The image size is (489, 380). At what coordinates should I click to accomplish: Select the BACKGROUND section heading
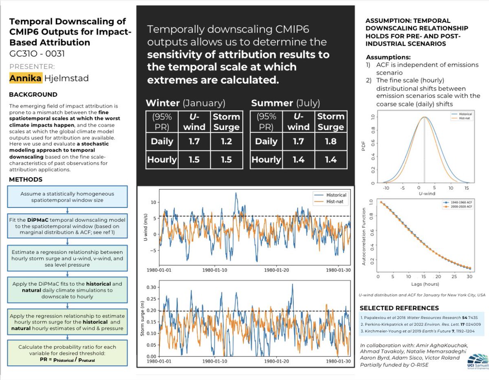pyautogui.click(x=33, y=94)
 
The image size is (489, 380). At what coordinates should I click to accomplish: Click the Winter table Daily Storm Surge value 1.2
pyautogui.click(x=226, y=141)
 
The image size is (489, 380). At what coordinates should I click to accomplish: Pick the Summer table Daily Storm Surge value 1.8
pyautogui.click(x=331, y=141)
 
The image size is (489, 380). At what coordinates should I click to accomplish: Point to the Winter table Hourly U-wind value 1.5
pyautogui.click(x=194, y=159)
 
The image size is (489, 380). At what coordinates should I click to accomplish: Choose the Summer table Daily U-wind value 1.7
pyautogui.click(x=299, y=141)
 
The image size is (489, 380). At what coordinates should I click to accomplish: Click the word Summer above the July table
pyautogui.click(x=272, y=103)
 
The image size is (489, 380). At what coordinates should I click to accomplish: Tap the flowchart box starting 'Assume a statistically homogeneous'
pyautogui.click(x=67, y=197)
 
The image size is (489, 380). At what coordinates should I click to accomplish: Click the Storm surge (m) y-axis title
pyautogui.click(x=143, y=322)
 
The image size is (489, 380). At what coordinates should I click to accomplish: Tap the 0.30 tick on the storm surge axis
pyautogui.click(x=152, y=287)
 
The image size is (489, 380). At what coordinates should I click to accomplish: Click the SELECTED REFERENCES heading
pyautogui.click(x=399, y=308)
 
